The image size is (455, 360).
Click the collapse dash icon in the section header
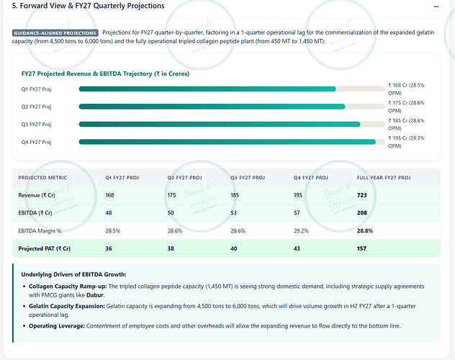(436, 6)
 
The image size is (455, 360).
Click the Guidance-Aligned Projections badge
(55, 33)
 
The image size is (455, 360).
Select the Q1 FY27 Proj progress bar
(232, 89)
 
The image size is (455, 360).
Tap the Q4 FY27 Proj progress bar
(232, 142)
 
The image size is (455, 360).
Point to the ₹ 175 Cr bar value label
(406, 107)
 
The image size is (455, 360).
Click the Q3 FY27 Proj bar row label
(36, 125)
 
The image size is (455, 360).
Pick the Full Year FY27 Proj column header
(384, 178)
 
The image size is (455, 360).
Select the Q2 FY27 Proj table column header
(184, 178)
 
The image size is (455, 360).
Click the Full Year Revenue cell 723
(362, 195)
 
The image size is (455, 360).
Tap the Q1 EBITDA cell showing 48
(109, 213)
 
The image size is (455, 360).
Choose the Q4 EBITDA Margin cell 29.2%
(301, 231)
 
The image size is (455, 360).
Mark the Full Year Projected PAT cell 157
(361, 248)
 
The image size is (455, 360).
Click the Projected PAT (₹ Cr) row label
(45, 248)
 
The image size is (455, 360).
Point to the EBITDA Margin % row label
(40, 231)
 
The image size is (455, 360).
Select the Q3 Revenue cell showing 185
(235, 195)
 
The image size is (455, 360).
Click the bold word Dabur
(95, 295)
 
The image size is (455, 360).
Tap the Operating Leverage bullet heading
(57, 326)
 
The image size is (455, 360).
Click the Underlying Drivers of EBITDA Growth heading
(73, 274)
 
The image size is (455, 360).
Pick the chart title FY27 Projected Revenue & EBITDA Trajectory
(105, 73)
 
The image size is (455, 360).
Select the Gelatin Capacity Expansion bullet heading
(67, 306)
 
